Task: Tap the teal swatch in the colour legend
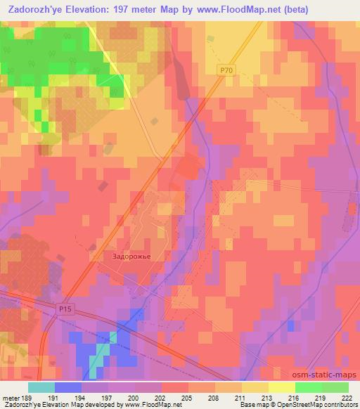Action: (41, 387)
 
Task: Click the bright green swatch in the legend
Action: (308, 387)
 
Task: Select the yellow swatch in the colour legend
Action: (281, 387)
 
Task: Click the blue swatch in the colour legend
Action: (68, 387)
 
